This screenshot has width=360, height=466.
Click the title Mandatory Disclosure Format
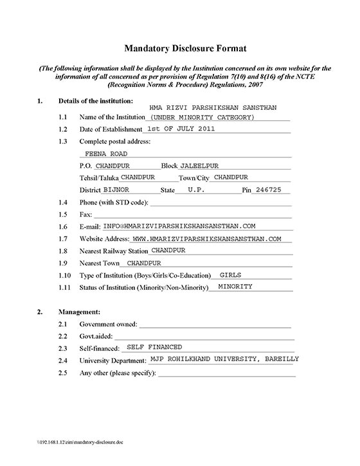(x=179, y=48)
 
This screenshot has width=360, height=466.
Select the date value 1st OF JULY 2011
(x=177, y=129)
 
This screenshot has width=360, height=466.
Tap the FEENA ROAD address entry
(x=106, y=154)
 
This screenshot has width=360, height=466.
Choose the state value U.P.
(x=197, y=190)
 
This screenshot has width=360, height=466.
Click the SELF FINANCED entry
(x=155, y=346)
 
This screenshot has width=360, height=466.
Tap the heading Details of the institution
(x=96, y=101)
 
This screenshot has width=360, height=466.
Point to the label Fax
(x=85, y=215)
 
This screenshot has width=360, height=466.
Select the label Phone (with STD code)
(x=114, y=202)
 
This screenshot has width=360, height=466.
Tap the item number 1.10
(x=65, y=275)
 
